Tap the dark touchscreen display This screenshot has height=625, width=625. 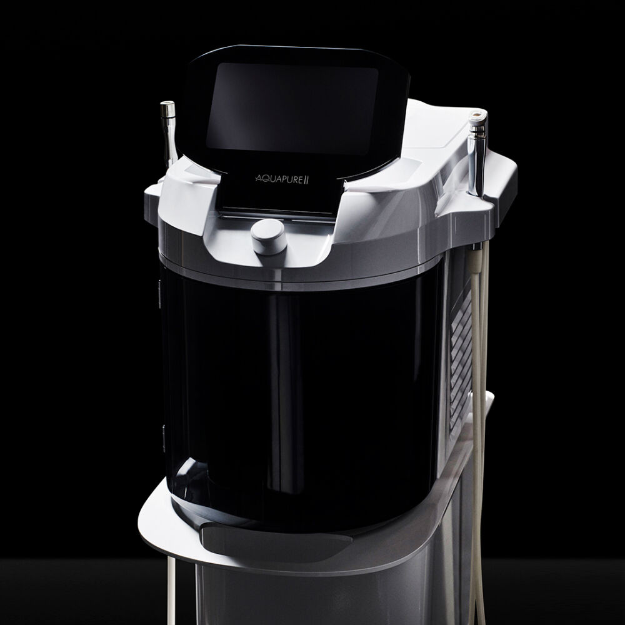[292, 108]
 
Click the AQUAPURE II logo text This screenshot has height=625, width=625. [282, 179]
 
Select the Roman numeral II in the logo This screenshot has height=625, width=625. [306, 180]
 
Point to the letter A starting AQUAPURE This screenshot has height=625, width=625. [259, 179]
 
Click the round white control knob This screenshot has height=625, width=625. [269, 236]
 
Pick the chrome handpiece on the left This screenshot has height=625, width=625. [169, 131]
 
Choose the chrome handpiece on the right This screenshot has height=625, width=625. [477, 154]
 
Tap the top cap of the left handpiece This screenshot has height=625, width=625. [167, 109]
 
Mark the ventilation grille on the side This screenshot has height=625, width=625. [461, 359]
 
